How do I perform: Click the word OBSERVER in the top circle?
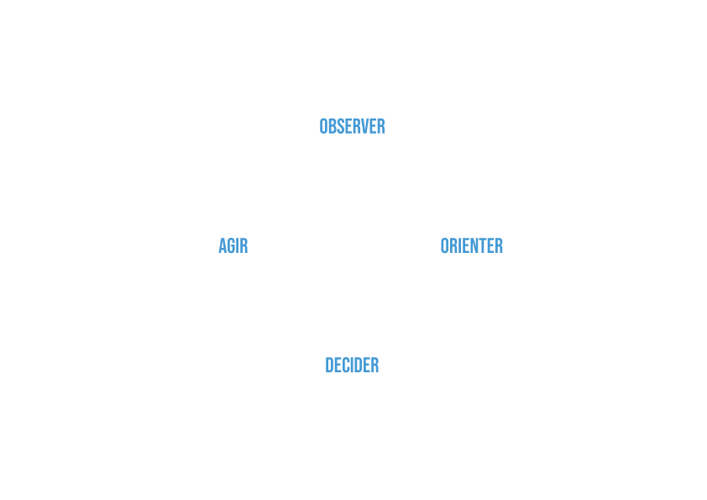[352, 127]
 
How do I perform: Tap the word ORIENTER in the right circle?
[471, 246]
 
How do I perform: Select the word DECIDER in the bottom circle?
[352, 366]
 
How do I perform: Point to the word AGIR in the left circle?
[233, 246]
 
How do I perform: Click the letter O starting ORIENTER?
[446, 246]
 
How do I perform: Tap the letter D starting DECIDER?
[330, 366]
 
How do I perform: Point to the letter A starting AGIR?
[223, 246]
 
